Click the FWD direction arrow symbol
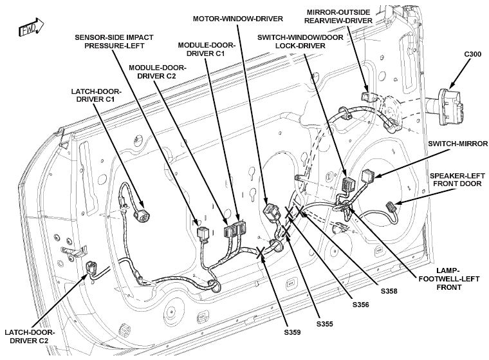(32, 27)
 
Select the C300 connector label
(472, 54)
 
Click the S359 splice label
(292, 332)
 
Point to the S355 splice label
(325, 324)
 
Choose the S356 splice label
(360, 305)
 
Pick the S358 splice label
(389, 291)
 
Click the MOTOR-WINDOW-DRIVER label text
(237, 19)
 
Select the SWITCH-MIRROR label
(457, 144)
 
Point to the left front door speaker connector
(391, 206)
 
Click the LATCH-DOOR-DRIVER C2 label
(30, 336)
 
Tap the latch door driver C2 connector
(92, 268)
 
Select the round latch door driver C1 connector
(139, 214)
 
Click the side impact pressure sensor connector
(203, 233)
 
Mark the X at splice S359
(261, 252)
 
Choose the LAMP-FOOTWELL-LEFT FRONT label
(448, 279)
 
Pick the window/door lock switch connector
(347, 185)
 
